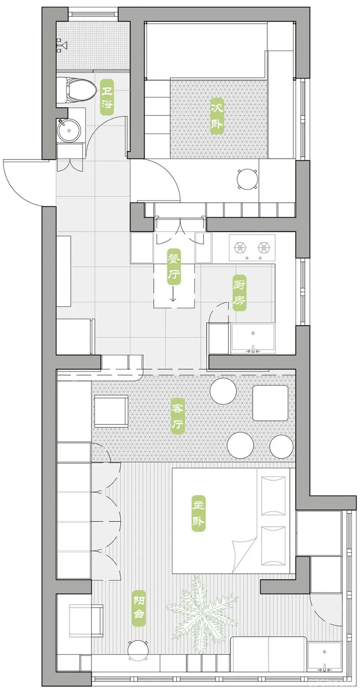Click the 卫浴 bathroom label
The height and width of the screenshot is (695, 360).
(x=107, y=97)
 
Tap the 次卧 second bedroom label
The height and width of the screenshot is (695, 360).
(x=217, y=116)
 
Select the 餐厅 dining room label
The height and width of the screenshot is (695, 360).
(x=174, y=267)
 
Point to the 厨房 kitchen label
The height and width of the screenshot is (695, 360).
(x=239, y=293)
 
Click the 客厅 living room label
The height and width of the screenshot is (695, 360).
(x=178, y=416)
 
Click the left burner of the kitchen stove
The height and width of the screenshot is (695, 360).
(x=240, y=247)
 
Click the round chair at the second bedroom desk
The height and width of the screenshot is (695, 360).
(x=247, y=179)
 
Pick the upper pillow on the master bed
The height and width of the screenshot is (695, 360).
(x=273, y=493)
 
